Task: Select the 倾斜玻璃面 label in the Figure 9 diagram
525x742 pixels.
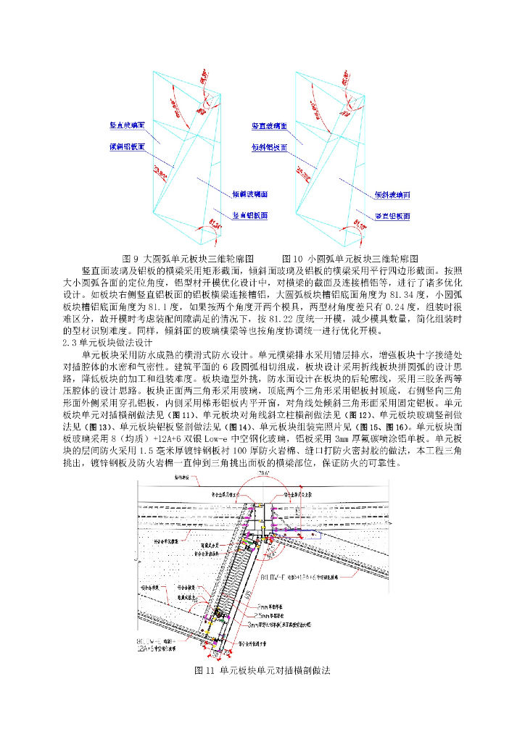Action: (250, 194)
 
